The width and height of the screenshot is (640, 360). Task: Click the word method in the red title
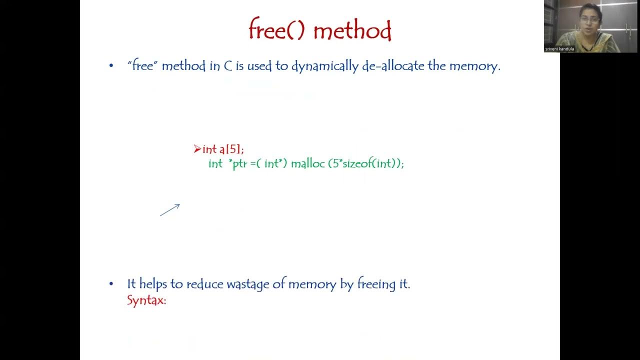[352, 31]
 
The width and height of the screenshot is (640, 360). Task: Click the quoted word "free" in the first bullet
[142, 66]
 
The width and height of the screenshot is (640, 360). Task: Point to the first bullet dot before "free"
[111, 66]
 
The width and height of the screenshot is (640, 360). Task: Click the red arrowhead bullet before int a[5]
[197, 148]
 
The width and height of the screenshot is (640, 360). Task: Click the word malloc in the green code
[307, 163]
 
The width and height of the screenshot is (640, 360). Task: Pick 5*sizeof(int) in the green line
[364, 163]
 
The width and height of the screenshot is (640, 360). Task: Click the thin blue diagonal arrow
[170, 210]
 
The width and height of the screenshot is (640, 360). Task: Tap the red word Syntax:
[146, 300]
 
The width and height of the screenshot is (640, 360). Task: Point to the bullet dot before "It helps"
[111, 284]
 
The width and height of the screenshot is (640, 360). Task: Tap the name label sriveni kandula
[559, 49]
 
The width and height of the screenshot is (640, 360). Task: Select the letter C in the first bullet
[228, 66]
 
